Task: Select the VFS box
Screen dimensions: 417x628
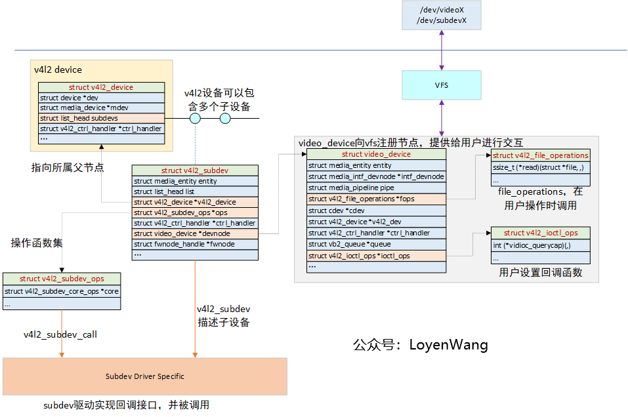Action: pos(442,85)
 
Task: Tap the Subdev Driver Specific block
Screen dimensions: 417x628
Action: pos(145,376)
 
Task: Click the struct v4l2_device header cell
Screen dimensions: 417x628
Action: pos(101,87)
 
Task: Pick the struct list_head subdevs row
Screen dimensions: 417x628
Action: pos(101,118)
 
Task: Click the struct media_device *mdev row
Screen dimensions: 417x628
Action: pos(101,108)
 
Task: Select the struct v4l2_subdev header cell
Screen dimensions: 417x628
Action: pos(195,170)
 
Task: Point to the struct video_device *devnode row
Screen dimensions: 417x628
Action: pos(195,233)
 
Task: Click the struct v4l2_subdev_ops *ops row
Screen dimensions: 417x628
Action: pos(195,212)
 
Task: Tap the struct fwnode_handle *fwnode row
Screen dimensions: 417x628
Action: pos(195,244)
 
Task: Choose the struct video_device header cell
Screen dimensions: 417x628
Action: pos(376,154)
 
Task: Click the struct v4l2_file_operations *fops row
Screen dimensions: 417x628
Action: pos(376,199)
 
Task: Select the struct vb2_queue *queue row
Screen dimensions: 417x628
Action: pos(376,244)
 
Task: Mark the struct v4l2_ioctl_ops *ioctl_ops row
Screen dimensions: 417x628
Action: pos(376,256)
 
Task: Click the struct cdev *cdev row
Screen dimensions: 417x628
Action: pos(376,210)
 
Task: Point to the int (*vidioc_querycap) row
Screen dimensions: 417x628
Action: pos(540,245)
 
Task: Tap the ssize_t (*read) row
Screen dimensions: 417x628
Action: pos(540,167)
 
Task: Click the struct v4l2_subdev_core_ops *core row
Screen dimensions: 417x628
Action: pos(62,291)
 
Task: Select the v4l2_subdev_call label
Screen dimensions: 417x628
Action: pos(60,334)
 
